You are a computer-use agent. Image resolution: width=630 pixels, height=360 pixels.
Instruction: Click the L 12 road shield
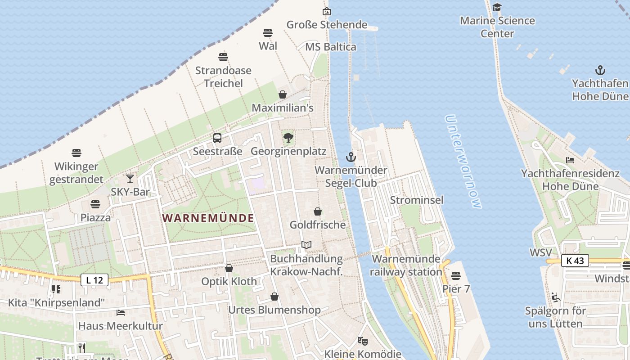(x=95, y=280)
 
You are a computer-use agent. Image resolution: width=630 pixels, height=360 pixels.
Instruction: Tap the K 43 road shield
(x=575, y=261)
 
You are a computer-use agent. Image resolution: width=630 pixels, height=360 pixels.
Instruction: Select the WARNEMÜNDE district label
(x=208, y=218)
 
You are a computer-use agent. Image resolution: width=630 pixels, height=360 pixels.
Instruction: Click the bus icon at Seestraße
(x=217, y=138)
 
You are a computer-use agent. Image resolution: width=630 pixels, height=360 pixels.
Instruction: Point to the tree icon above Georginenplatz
(x=288, y=137)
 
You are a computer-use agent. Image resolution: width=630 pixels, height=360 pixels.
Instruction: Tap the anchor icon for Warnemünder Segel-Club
(x=351, y=157)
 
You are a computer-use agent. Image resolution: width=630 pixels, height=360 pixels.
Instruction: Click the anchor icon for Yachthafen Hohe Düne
(x=600, y=70)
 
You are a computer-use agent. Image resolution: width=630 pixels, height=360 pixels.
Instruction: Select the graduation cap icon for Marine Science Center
(x=497, y=7)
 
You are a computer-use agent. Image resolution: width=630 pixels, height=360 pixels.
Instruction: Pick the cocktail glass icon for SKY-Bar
(x=130, y=179)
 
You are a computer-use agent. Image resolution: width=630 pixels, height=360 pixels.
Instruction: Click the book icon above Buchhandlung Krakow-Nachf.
(x=306, y=245)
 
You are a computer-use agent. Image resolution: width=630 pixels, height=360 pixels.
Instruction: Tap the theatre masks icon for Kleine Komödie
(x=362, y=341)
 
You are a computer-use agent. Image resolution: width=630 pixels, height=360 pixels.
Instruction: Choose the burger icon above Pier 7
(x=456, y=275)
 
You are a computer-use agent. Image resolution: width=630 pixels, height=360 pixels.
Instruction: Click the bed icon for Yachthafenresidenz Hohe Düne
(x=570, y=160)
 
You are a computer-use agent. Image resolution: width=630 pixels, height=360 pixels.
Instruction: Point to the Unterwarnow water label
(x=463, y=162)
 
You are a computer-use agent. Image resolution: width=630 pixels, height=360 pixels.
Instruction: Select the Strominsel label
(x=417, y=200)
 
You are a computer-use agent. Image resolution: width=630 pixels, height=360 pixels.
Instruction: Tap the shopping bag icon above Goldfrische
(x=318, y=211)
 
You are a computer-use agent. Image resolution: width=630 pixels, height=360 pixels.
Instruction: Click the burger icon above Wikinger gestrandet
(x=76, y=153)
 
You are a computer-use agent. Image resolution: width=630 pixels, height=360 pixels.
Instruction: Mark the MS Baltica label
(x=331, y=47)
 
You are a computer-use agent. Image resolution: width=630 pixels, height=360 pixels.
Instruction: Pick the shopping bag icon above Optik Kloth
(x=229, y=268)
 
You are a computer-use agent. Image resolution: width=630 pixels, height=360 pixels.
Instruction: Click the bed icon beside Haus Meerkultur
(x=120, y=312)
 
